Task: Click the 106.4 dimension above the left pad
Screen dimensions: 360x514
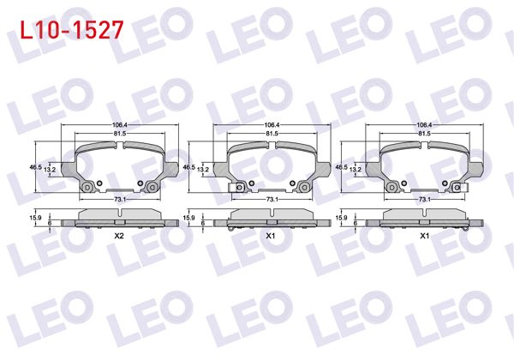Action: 119,125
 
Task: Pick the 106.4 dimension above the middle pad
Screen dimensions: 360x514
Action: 271,125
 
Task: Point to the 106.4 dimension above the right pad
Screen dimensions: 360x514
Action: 423,125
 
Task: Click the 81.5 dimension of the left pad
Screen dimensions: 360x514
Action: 119,135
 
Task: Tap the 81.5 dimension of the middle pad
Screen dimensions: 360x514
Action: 271,135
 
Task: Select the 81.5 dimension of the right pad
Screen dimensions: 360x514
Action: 423,135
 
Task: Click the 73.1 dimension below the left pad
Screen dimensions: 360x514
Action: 119,200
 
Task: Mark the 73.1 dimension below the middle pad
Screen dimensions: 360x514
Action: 271,200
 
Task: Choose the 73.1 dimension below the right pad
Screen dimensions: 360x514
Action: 423,200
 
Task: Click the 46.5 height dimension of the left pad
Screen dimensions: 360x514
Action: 35,167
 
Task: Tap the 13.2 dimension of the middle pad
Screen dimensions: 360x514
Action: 202,171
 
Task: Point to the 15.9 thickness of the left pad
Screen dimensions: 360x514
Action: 35,219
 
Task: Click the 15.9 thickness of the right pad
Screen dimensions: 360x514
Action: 341,219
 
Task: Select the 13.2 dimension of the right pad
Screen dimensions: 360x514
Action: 355,171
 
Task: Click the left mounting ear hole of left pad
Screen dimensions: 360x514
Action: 86,187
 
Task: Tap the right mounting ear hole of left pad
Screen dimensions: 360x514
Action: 152,187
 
